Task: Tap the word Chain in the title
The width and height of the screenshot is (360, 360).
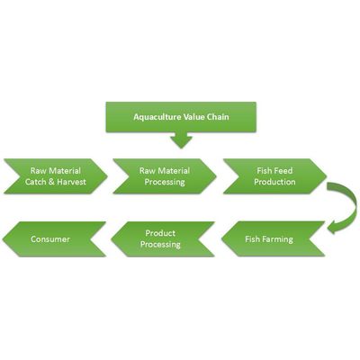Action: coord(218,116)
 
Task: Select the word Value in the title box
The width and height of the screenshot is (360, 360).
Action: coord(194,116)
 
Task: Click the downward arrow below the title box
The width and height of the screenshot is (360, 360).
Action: coord(181,140)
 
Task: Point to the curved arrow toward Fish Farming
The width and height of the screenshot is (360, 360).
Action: coord(349,207)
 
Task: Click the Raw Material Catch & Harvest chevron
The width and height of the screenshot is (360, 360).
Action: coord(56,176)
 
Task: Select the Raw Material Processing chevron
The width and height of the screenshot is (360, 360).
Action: coord(165,176)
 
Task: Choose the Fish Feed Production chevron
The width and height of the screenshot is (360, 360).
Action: coord(274,176)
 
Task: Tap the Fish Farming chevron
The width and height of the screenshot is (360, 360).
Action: coord(273,239)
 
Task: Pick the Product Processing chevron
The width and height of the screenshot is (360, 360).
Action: coord(163,239)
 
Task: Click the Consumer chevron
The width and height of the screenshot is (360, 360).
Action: coord(54,239)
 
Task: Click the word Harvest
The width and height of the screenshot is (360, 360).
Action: coord(72,182)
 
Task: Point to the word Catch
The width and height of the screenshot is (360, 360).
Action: coord(35,182)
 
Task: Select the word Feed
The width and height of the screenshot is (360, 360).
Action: coord(283,171)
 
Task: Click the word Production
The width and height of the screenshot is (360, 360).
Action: coord(274,182)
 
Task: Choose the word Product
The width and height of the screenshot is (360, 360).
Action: coord(160,233)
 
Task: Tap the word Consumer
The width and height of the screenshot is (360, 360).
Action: coord(50,239)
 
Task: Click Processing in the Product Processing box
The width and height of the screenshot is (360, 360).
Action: coord(160,245)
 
